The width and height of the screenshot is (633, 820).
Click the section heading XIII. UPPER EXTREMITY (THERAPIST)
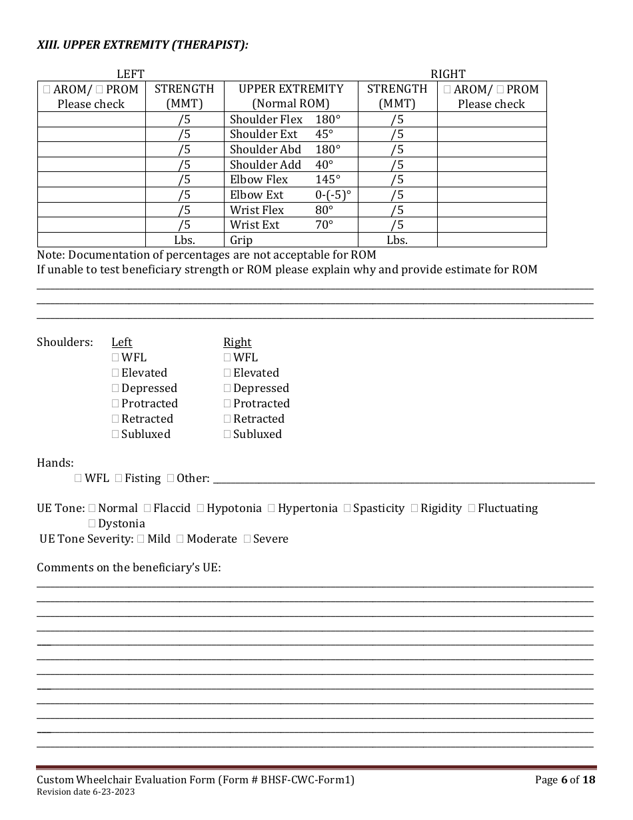[x=142, y=45]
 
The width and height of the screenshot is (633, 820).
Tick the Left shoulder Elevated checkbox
[x=116, y=373]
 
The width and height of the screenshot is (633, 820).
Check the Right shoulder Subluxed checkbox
[x=228, y=435]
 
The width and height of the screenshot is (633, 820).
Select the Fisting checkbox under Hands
[x=119, y=478]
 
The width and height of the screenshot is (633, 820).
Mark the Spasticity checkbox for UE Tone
[x=347, y=509]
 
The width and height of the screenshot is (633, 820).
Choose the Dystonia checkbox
[x=92, y=524]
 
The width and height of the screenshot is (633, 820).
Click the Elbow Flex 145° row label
[x=285, y=180]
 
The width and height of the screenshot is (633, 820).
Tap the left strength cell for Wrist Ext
[x=185, y=225]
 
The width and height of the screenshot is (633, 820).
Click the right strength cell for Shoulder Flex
[x=397, y=120]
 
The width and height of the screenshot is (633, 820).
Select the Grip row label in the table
[x=241, y=241]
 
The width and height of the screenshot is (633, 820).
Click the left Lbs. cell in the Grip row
[x=185, y=241]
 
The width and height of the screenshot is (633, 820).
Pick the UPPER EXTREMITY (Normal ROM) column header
[x=291, y=97]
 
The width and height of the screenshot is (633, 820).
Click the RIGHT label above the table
[x=448, y=75]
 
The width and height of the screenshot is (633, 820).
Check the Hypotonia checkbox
[x=201, y=509]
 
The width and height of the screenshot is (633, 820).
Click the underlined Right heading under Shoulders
[x=237, y=343]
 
